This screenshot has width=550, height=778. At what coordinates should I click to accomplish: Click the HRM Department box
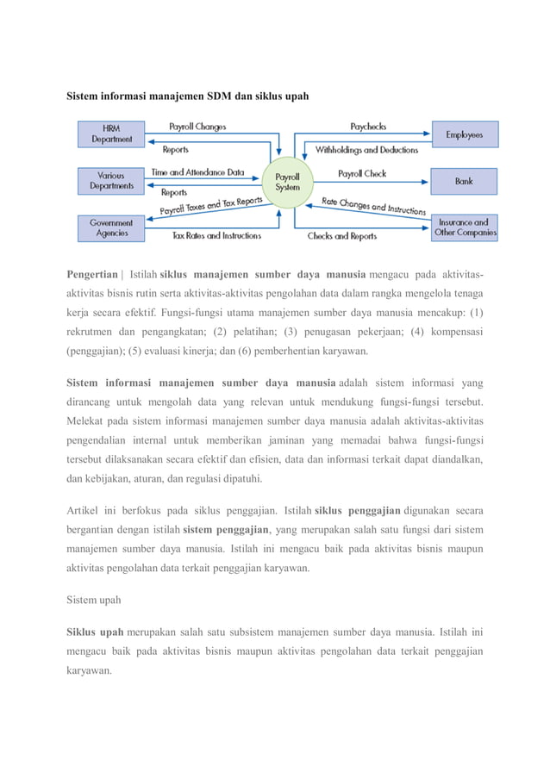(112, 134)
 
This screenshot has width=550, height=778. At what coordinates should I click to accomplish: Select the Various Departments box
(112, 181)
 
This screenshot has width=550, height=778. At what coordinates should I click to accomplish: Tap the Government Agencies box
(112, 227)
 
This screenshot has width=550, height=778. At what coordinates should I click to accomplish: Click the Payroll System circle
(287, 181)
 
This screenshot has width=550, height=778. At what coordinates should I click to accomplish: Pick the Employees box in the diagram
(464, 134)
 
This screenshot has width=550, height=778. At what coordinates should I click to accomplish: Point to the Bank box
(464, 181)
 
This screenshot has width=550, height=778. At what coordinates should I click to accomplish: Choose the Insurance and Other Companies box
(465, 227)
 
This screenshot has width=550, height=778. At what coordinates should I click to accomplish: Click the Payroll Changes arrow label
(197, 127)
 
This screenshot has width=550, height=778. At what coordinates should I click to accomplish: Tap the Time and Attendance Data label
(197, 172)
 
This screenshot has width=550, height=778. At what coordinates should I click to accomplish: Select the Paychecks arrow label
(368, 127)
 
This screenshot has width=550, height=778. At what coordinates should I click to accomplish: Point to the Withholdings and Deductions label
(366, 149)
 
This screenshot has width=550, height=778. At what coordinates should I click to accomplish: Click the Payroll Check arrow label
(362, 173)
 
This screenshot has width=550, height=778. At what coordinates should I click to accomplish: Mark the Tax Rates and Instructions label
(216, 235)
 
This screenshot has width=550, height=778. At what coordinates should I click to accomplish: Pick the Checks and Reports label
(342, 235)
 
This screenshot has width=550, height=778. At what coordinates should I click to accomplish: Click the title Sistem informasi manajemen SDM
(188, 94)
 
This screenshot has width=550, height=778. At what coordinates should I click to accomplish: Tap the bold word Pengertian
(92, 274)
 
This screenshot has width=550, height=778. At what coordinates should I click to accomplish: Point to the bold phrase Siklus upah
(95, 631)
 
